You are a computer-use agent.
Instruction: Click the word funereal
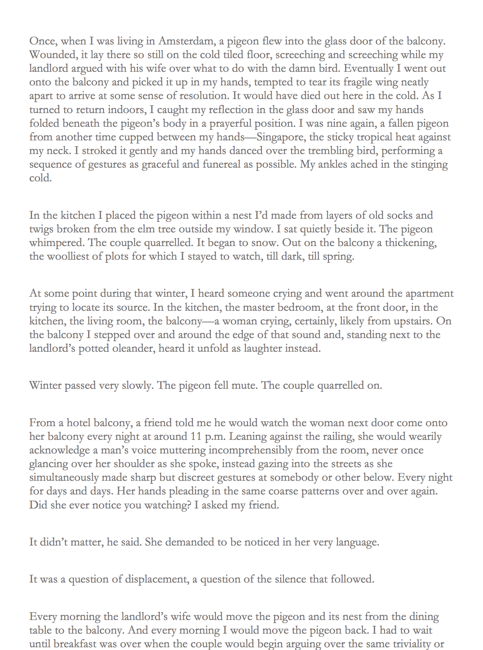pos(221,164)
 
